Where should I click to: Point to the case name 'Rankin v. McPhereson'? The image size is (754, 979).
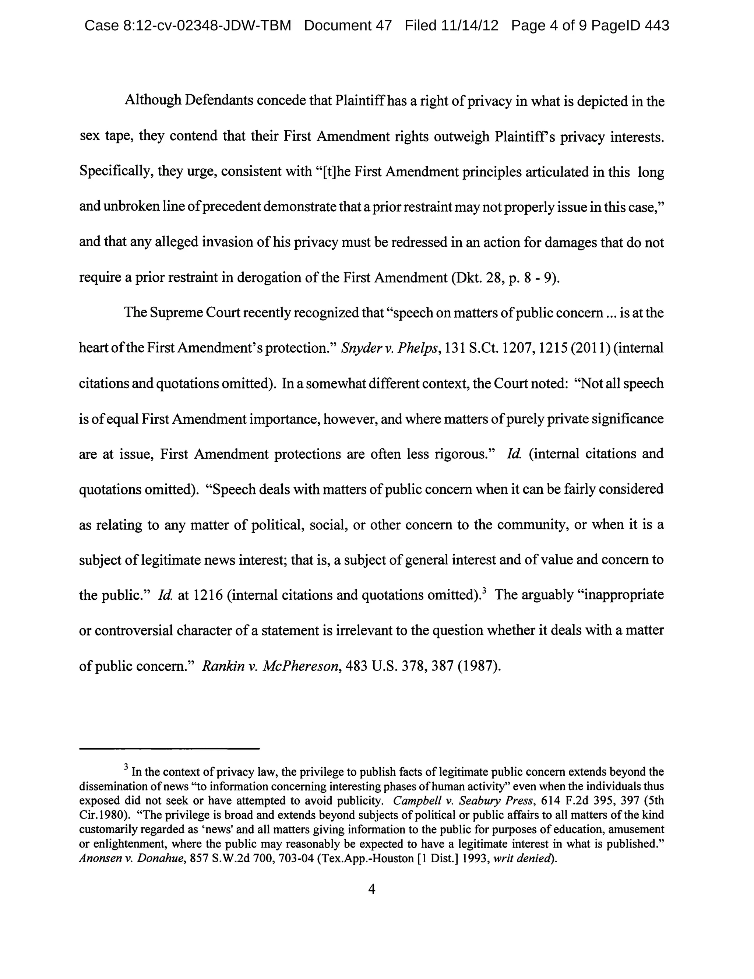point(270,666)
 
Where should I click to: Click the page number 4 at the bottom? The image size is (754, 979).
point(371,889)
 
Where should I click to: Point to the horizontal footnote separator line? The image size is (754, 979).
point(169,749)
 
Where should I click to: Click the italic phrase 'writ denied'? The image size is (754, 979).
point(522,858)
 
